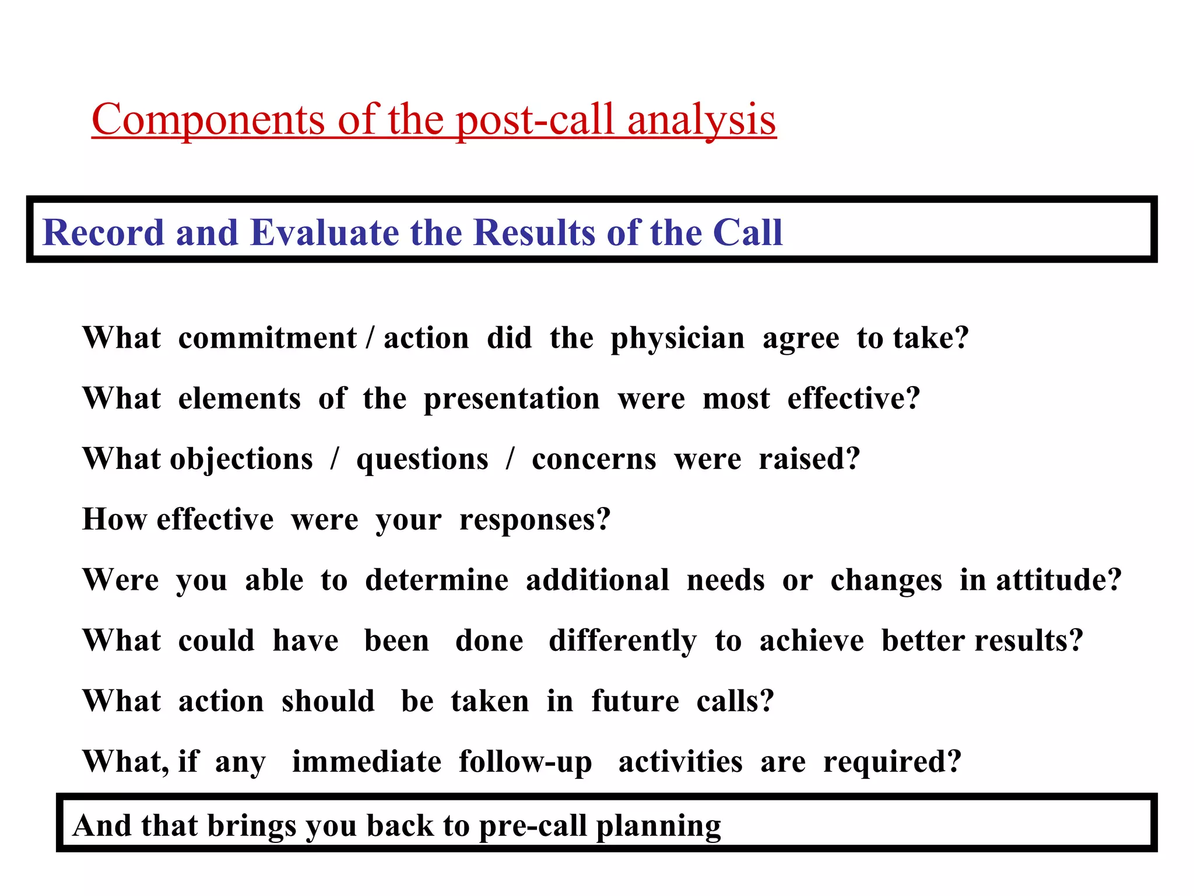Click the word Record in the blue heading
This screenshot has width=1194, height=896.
(x=103, y=232)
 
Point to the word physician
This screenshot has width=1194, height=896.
(x=677, y=339)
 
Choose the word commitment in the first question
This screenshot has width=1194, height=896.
(x=267, y=338)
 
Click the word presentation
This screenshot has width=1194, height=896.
(x=511, y=400)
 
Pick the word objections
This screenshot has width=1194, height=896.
(x=241, y=460)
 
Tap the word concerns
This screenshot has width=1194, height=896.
(x=594, y=460)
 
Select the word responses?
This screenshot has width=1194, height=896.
(x=535, y=520)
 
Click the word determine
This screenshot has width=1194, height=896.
(x=437, y=580)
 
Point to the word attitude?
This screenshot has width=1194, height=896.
(x=1058, y=580)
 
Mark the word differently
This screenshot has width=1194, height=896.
(x=622, y=641)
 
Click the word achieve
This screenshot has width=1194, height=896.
(x=811, y=641)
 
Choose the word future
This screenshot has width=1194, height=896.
(x=635, y=701)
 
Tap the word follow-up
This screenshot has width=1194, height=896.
(x=525, y=762)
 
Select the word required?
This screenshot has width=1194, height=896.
(x=892, y=762)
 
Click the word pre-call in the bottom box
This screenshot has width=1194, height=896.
(x=532, y=827)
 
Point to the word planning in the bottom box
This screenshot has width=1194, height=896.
(x=658, y=827)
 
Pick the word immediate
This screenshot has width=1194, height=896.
(x=367, y=762)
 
